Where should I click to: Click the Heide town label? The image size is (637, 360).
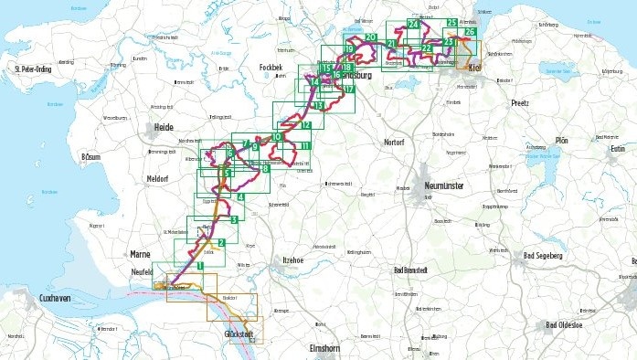pyautogui.click(x=163, y=127)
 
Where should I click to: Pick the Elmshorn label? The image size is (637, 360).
pyautogui.click(x=325, y=348)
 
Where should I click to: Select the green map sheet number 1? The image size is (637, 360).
pyautogui.click(x=199, y=265)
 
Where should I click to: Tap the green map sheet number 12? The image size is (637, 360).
pyautogui.click(x=305, y=125)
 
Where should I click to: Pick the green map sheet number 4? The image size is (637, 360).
pyautogui.click(x=240, y=197)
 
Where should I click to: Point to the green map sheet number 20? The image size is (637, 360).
pyautogui.click(x=370, y=37)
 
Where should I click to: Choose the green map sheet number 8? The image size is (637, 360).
pyautogui.click(x=265, y=168)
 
